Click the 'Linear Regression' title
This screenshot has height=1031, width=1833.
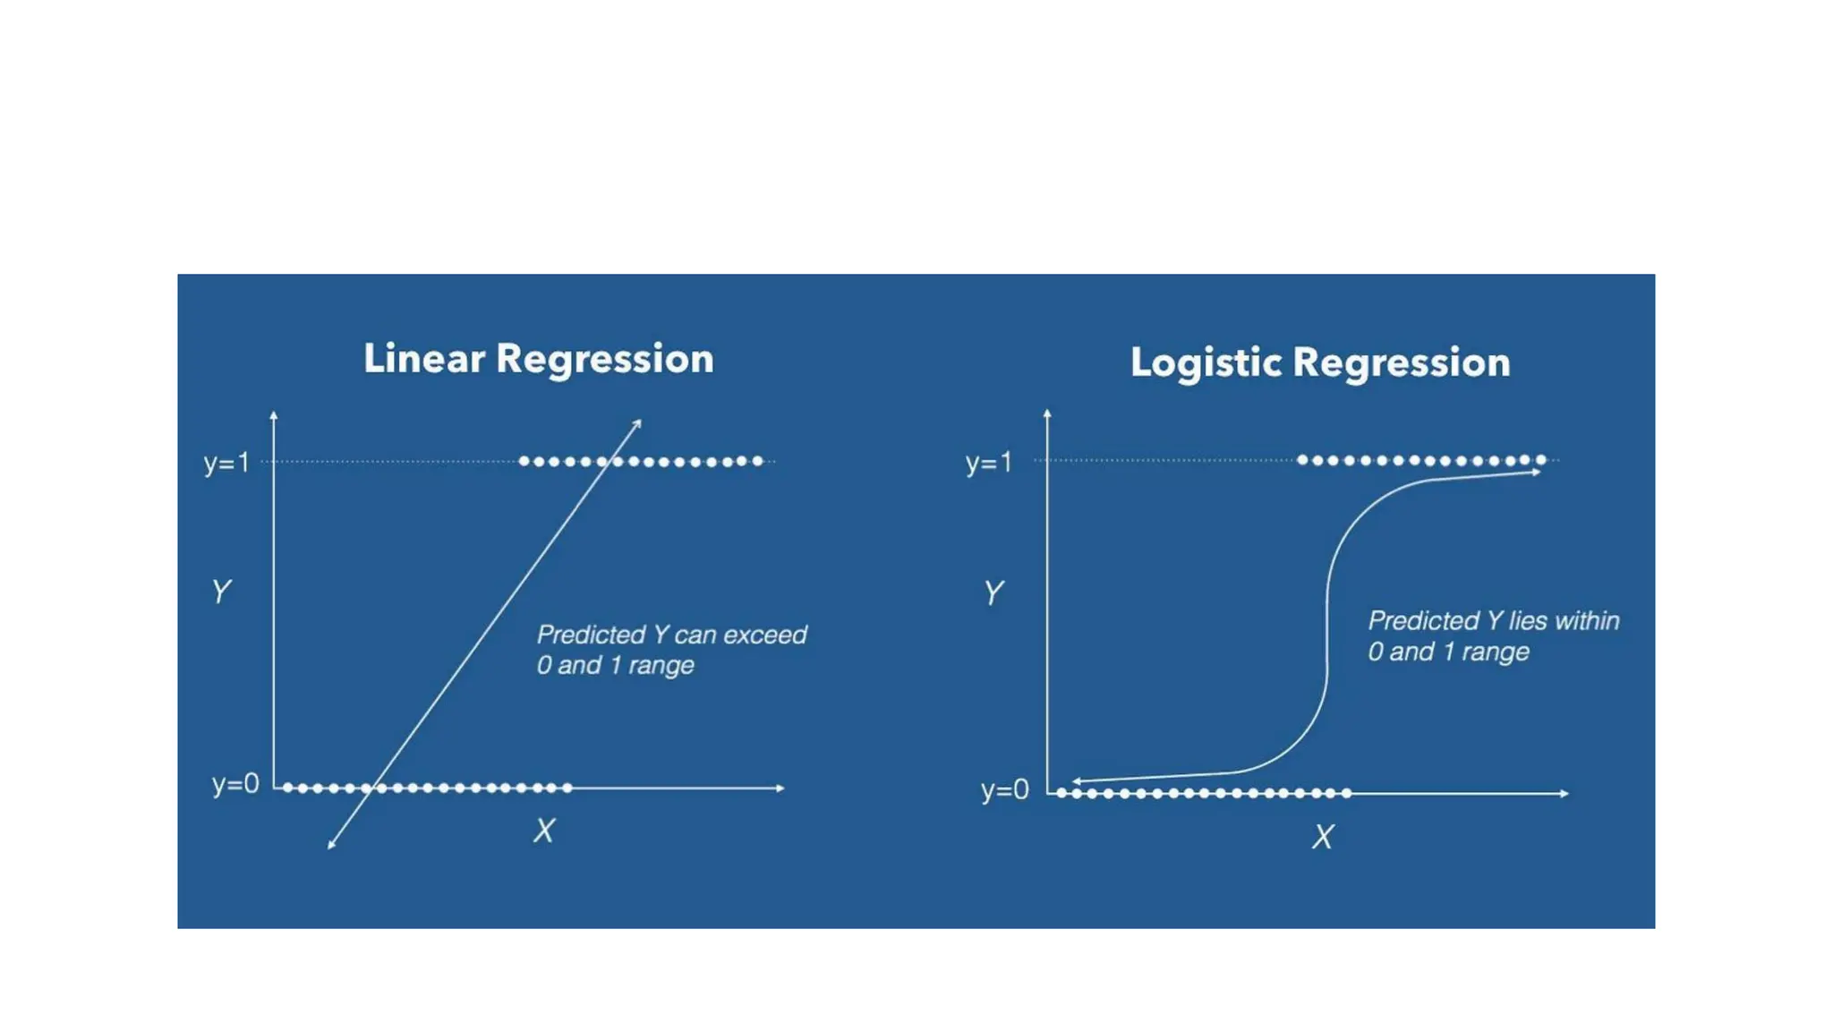(x=538, y=359)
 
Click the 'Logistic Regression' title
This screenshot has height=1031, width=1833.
(x=1319, y=363)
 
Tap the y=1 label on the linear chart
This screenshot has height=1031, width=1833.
(x=226, y=463)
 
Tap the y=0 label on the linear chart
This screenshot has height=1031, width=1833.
(x=234, y=784)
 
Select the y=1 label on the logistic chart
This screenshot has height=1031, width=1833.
(x=988, y=463)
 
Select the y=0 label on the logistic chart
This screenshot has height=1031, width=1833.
(x=1004, y=790)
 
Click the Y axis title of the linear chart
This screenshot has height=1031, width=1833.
(x=221, y=592)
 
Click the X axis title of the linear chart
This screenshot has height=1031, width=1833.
(x=544, y=831)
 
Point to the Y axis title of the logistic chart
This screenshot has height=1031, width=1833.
(x=993, y=592)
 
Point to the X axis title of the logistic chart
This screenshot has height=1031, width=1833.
(x=1323, y=837)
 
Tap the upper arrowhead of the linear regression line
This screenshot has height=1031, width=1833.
(x=637, y=422)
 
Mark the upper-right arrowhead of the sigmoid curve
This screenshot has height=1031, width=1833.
(x=1537, y=472)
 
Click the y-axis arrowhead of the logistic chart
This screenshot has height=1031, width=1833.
(x=1047, y=413)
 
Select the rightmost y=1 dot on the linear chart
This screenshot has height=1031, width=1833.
(x=758, y=461)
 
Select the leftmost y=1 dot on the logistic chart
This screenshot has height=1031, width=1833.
(x=1302, y=460)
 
